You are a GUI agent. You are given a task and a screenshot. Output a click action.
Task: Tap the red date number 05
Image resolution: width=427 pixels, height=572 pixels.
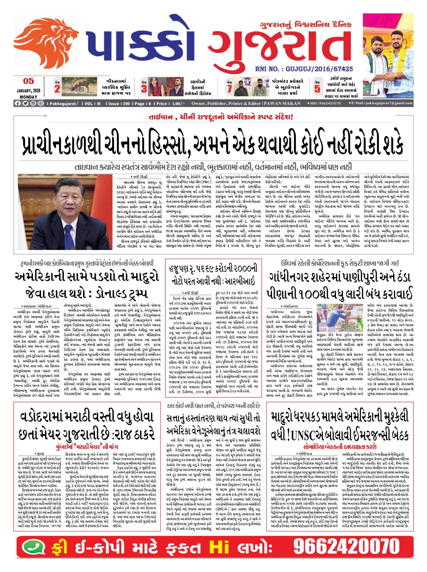pyautogui.click(x=28, y=81)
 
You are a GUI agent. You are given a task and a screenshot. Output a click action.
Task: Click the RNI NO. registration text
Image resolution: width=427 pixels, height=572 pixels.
pyautogui.click(x=304, y=69)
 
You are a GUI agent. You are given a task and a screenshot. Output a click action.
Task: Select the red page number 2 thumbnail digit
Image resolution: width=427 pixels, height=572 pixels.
pyautogui.click(x=57, y=89)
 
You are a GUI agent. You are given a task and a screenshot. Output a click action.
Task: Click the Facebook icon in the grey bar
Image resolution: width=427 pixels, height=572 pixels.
pyautogui.click(x=18, y=103)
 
